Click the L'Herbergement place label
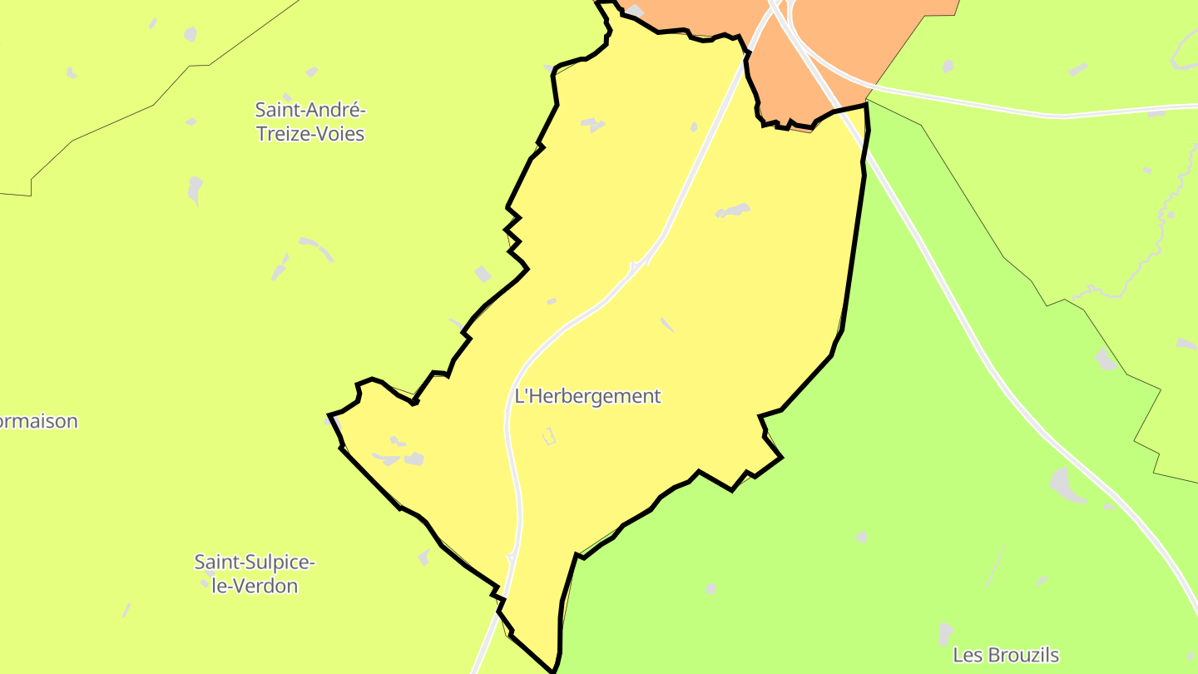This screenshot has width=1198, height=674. click(x=587, y=397)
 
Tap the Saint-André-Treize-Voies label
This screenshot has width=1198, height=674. click(x=309, y=121)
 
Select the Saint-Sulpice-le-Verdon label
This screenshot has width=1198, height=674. click(x=254, y=574)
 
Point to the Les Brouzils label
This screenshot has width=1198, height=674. click(x=1006, y=655)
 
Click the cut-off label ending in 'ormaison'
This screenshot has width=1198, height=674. click(x=38, y=421)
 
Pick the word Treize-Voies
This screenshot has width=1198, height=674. click(x=309, y=134)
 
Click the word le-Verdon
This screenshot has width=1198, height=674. click(x=255, y=586)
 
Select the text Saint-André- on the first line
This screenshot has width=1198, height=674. click(x=309, y=110)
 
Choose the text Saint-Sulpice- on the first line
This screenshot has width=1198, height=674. click(x=254, y=562)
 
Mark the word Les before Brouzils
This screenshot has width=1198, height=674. click(x=968, y=655)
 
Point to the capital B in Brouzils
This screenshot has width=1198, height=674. click(x=993, y=655)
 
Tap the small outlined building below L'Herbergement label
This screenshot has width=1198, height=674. click(x=548, y=436)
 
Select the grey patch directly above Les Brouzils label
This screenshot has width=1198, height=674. click(x=945, y=632)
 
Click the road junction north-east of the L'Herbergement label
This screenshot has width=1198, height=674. click(x=639, y=265)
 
